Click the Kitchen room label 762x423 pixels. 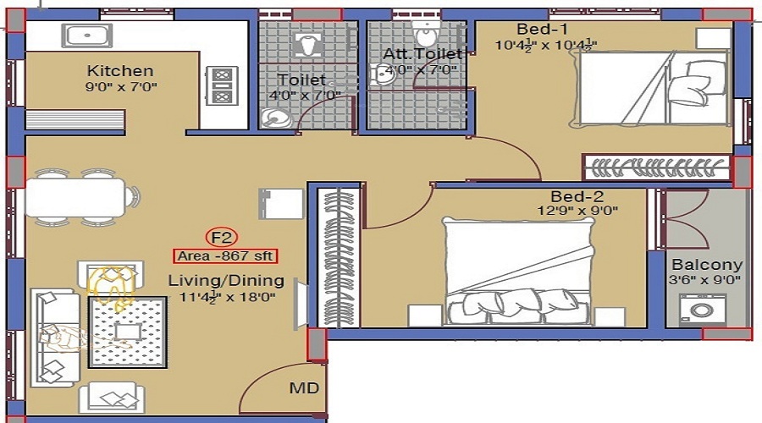[x=120, y=71]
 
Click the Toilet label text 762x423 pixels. [x=301, y=80]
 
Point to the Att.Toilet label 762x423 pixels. [x=422, y=54]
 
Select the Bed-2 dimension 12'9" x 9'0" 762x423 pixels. [x=577, y=211]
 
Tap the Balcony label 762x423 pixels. [x=707, y=264]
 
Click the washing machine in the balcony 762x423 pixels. [x=703, y=310]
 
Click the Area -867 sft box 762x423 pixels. [x=225, y=255]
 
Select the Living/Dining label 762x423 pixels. [x=225, y=280]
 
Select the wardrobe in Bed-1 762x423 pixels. [x=656, y=168]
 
